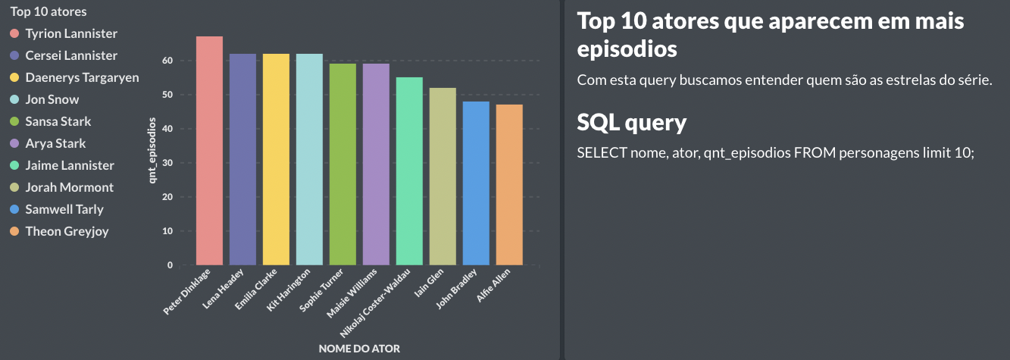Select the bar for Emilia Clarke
[x=276, y=159]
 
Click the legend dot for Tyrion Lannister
[x=14, y=34]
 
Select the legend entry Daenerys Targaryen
[x=82, y=77]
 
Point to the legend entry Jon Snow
[x=52, y=99]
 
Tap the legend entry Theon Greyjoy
[x=67, y=231]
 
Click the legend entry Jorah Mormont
[x=69, y=187]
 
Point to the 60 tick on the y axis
[x=167, y=61]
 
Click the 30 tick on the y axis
[x=167, y=163]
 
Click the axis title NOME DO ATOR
[x=360, y=349]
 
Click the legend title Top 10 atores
[x=48, y=11]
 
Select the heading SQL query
[x=632, y=122]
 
